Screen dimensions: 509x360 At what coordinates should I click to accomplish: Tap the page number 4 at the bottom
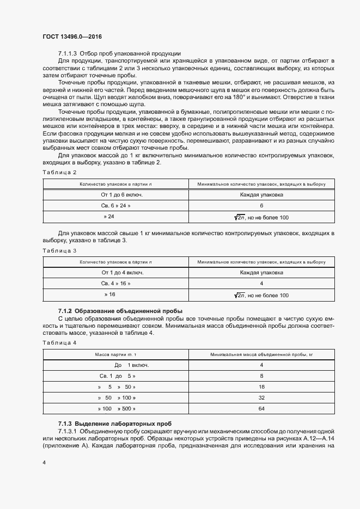[44, 462]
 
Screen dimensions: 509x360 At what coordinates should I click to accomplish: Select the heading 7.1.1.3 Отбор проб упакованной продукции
[119, 53]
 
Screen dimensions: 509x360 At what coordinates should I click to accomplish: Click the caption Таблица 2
[59, 172]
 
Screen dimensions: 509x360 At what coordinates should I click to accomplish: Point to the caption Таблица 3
[59, 250]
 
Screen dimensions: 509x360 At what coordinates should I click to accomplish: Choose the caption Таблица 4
[59, 342]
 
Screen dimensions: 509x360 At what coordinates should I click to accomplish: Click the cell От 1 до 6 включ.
[115, 195]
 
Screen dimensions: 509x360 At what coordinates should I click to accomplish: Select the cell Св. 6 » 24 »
[115, 206]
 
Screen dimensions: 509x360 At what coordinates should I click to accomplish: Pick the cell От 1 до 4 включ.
[115, 272]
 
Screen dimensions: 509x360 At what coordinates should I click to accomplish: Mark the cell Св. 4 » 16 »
[115, 284]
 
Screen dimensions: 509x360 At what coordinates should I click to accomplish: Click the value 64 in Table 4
[261, 408]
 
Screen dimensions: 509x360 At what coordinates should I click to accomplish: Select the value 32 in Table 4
[261, 397]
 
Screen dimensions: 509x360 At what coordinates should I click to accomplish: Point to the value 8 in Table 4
[261, 376]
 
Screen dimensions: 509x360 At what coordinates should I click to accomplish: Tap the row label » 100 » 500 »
[117, 408]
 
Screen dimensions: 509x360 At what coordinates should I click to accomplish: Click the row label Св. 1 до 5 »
[117, 376]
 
